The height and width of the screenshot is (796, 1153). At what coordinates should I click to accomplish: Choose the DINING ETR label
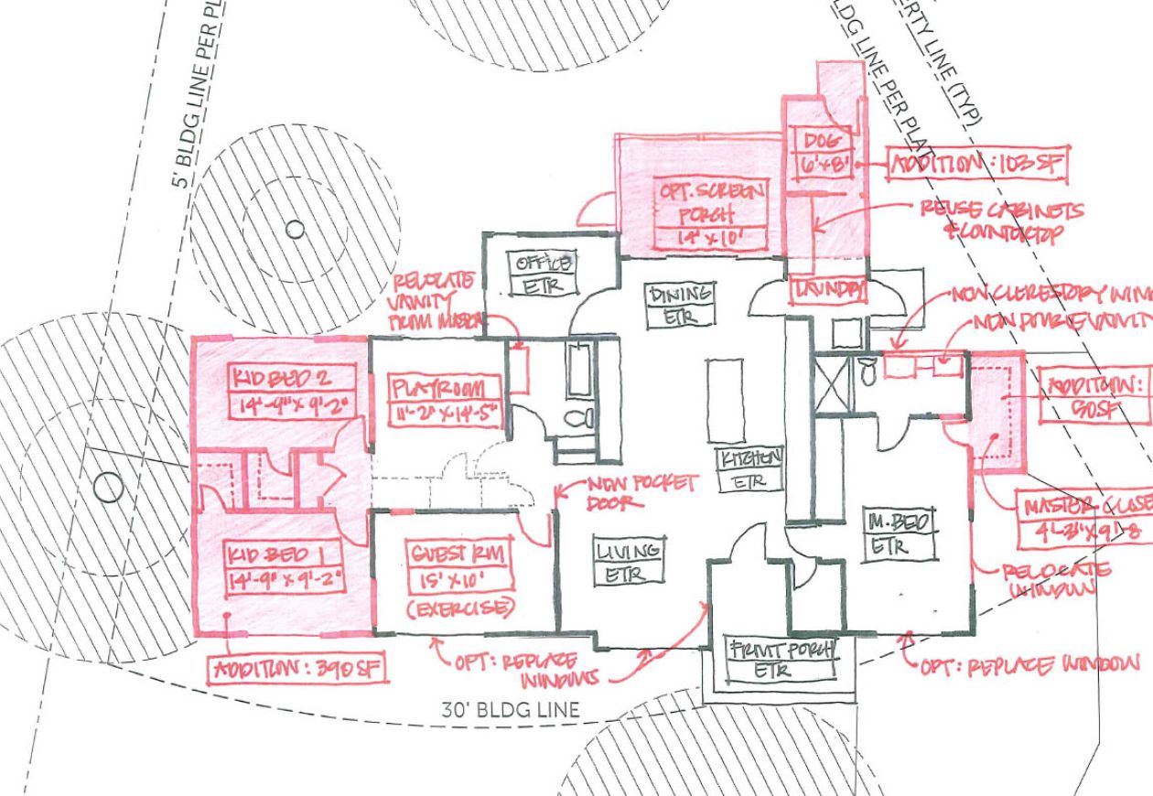(x=679, y=304)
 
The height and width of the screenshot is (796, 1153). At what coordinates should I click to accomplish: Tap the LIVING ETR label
(x=629, y=562)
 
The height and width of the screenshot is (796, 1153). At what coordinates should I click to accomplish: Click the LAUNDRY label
(x=829, y=289)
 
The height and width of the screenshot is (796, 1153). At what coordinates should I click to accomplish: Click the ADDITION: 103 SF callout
(x=976, y=166)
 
